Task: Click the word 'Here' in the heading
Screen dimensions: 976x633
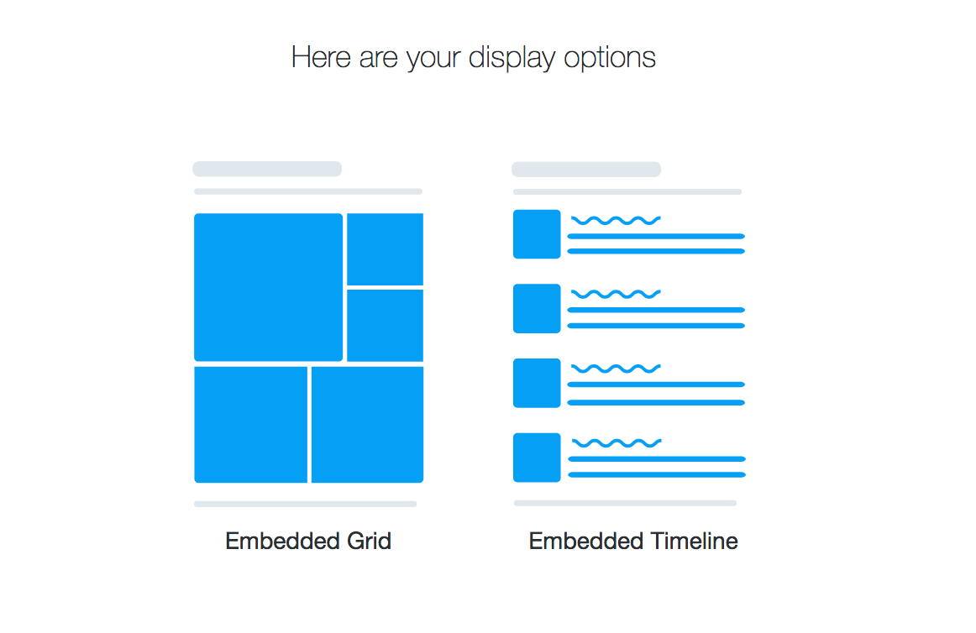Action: click(x=321, y=57)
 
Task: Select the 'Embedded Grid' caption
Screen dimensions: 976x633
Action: click(x=308, y=541)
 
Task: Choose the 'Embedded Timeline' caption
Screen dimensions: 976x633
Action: click(x=633, y=541)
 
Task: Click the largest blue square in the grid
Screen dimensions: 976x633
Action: click(x=268, y=287)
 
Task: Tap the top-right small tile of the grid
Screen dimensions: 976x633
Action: click(x=385, y=249)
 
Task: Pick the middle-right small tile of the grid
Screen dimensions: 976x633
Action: click(x=385, y=325)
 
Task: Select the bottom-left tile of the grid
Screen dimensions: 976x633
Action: click(x=251, y=425)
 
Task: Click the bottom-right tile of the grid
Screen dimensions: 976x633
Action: click(x=367, y=425)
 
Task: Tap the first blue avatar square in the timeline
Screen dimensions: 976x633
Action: click(x=537, y=234)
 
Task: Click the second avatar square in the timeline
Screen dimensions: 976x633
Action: click(x=537, y=308)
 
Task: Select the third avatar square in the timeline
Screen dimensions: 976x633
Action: click(x=537, y=383)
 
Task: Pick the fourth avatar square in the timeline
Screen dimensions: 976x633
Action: click(x=537, y=458)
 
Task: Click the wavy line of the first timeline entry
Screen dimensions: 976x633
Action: click(x=616, y=220)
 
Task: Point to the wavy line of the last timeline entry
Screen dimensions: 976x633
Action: click(x=617, y=443)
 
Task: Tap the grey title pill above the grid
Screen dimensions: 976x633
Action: click(x=267, y=169)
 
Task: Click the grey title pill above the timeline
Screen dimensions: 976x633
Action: click(x=586, y=170)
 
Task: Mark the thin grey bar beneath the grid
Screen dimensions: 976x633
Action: click(x=306, y=505)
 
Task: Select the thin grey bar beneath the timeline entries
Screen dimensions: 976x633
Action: click(x=626, y=503)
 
